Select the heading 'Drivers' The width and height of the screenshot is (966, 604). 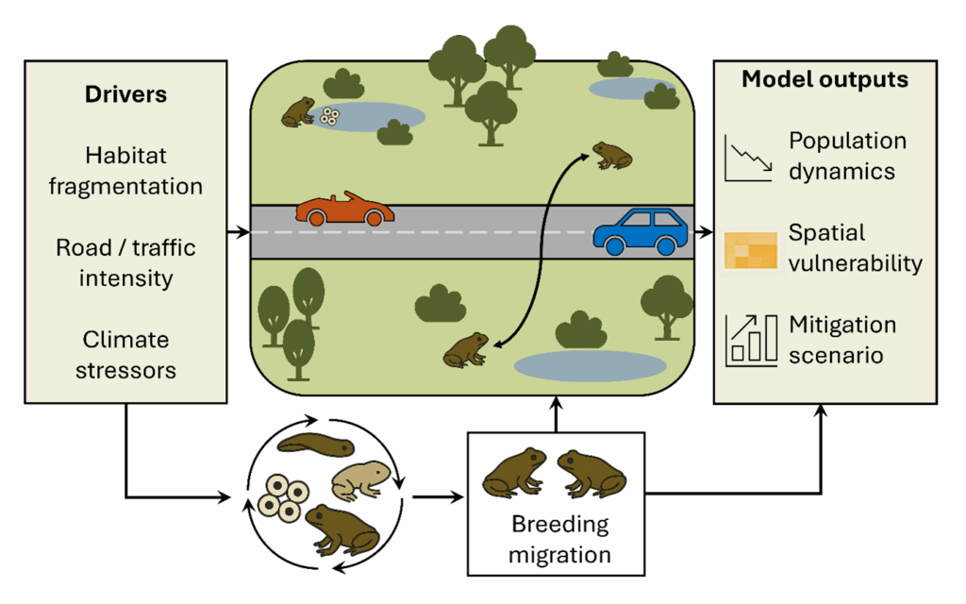(x=125, y=94)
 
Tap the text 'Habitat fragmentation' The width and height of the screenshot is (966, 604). (x=125, y=170)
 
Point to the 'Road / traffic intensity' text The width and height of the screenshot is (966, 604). (x=125, y=263)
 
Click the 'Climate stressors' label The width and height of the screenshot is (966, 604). (x=125, y=354)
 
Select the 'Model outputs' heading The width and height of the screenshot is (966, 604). (x=824, y=79)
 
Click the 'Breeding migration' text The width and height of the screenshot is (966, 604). (x=558, y=538)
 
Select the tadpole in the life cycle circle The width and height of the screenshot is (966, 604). (x=316, y=442)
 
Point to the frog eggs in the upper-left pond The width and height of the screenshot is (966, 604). (x=329, y=116)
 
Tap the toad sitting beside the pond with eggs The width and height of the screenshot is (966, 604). (x=298, y=111)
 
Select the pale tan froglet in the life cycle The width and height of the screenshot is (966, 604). (x=360, y=479)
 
